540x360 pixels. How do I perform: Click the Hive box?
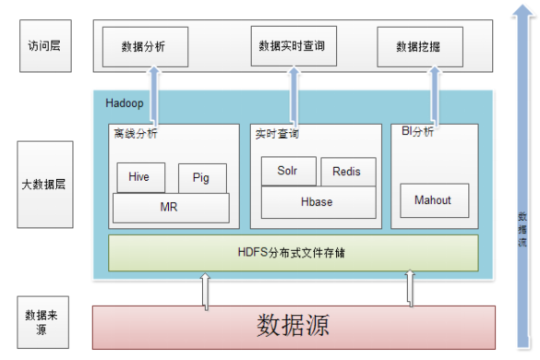coord(139,176)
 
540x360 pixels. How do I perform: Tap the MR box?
coord(169,208)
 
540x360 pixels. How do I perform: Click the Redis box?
coord(347,172)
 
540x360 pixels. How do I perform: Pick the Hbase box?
coord(318,201)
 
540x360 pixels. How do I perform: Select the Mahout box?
coord(434,199)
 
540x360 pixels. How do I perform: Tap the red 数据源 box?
coord(294,326)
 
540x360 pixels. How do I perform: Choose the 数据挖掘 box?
coord(420,46)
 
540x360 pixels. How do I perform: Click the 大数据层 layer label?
coord(43,185)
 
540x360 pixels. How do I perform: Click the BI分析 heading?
coord(417,133)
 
